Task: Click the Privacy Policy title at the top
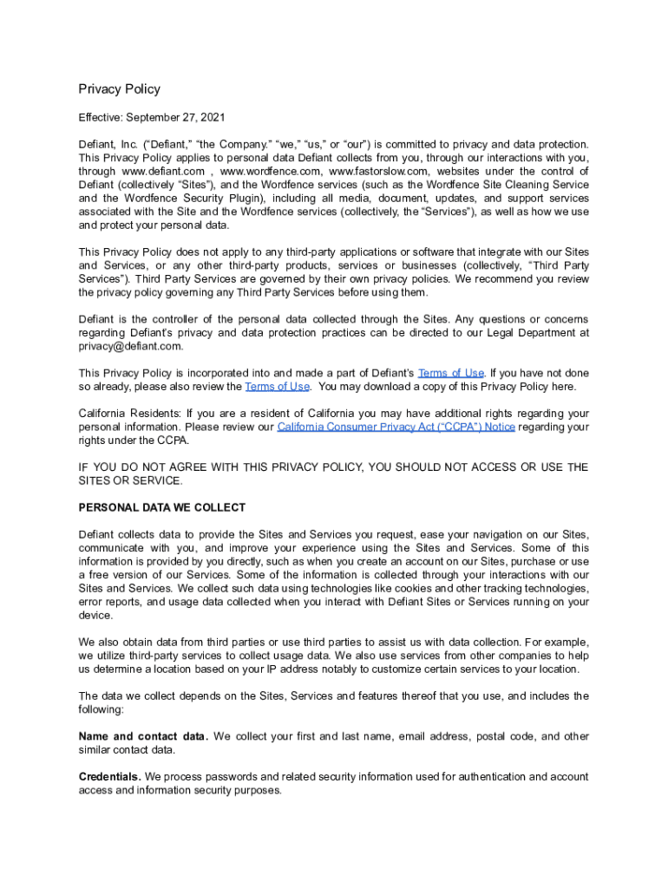click(119, 89)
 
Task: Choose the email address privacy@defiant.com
click(131, 346)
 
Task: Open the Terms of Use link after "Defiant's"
click(451, 373)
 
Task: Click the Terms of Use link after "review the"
click(277, 387)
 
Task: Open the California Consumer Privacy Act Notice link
click(396, 427)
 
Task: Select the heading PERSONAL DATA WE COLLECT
click(162, 507)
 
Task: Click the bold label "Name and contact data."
click(143, 736)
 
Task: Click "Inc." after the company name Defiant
click(132, 144)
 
